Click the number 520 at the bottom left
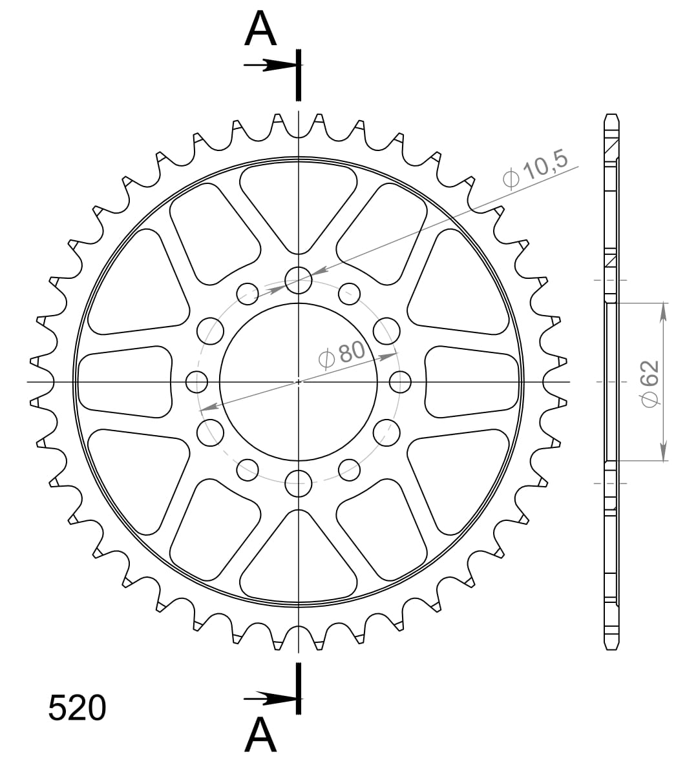pyautogui.click(x=77, y=708)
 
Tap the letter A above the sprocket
pyautogui.click(x=260, y=30)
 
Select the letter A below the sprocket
pyautogui.click(x=260, y=735)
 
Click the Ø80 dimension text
pyautogui.click(x=343, y=354)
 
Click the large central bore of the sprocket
pyautogui.click(x=298, y=381)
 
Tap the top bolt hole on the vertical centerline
pyautogui.click(x=298, y=280)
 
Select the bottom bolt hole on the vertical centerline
pyautogui.click(x=298, y=483)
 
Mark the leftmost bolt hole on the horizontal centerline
pyautogui.click(x=197, y=381)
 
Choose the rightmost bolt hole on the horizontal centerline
pyautogui.click(x=401, y=381)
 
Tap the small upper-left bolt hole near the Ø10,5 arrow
pyautogui.click(x=248, y=294)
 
